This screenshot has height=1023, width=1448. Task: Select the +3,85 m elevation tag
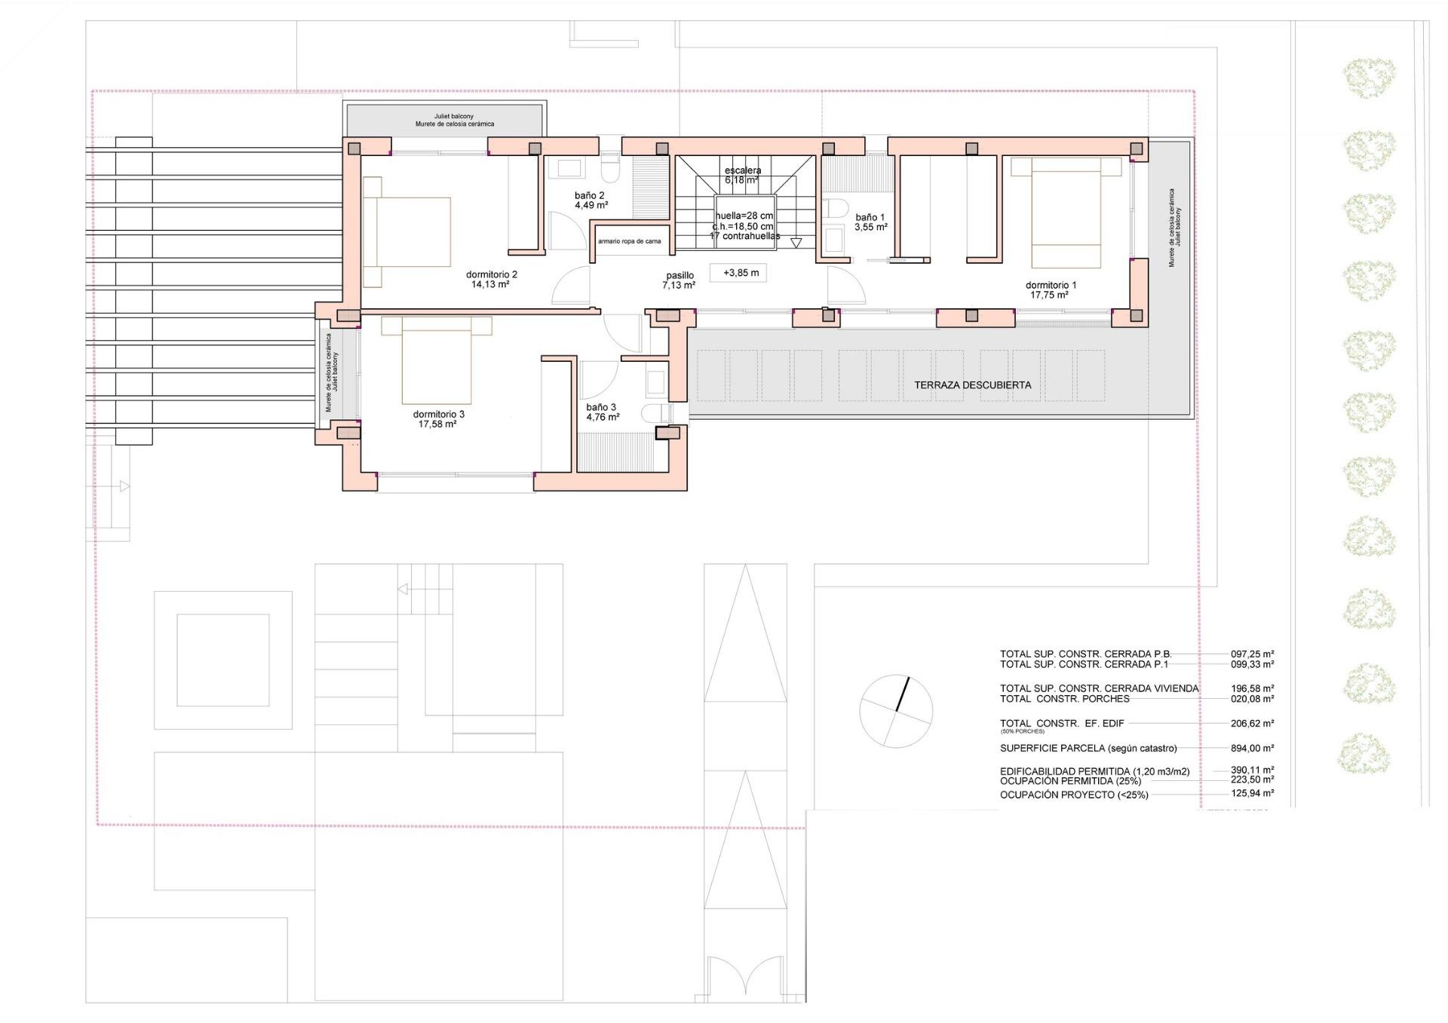[x=740, y=273]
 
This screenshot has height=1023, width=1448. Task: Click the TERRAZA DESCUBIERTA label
[x=972, y=384]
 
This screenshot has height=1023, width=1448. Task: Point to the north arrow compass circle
[x=896, y=710]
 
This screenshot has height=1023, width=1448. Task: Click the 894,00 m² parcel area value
[x=1252, y=749]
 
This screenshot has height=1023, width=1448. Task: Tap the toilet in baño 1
[x=834, y=207]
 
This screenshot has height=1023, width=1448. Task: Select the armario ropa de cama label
[x=629, y=241]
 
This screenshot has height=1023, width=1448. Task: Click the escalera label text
[x=742, y=170]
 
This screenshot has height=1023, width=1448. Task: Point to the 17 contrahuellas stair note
[x=744, y=236]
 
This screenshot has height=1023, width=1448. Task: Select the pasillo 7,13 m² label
[x=679, y=280]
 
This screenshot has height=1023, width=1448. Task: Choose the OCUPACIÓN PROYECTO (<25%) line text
[x=1074, y=795]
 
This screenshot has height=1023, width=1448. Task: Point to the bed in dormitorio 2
[x=407, y=231]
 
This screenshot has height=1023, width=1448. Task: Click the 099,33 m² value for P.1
[x=1252, y=664]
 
